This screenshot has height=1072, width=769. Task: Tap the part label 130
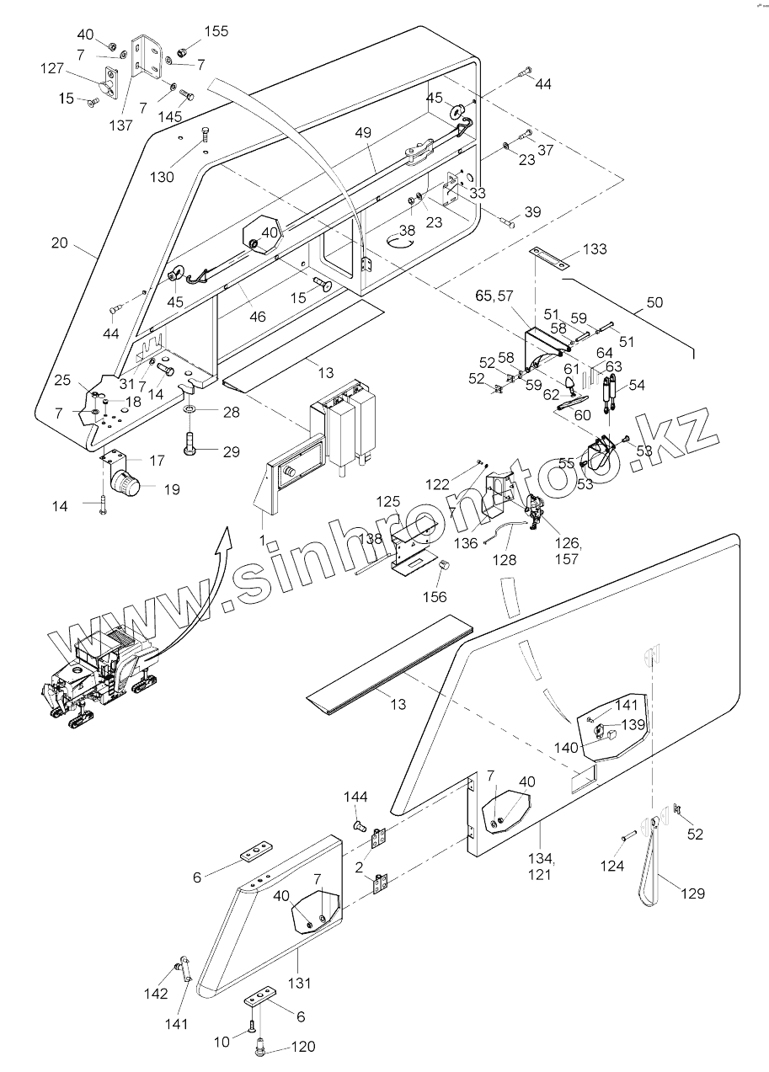(x=162, y=177)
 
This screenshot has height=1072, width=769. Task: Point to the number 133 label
(x=595, y=249)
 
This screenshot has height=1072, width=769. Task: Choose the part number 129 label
(x=692, y=893)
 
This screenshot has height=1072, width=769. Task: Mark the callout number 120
(x=303, y=1047)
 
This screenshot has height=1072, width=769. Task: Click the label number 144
(x=355, y=797)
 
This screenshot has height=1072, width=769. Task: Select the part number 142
(x=156, y=995)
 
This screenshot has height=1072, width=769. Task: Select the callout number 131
(x=300, y=982)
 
